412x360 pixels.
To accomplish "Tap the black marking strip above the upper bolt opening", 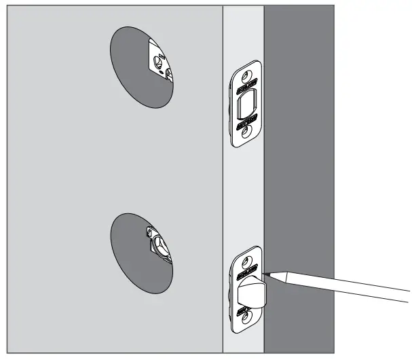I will pyautogui.click(x=246, y=88).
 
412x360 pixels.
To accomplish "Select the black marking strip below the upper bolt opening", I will pyautogui.click(x=245, y=124).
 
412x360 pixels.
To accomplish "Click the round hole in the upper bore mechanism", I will pyautogui.click(x=158, y=60).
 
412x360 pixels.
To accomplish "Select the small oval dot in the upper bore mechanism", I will pyautogui.click(x=161, y=73).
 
